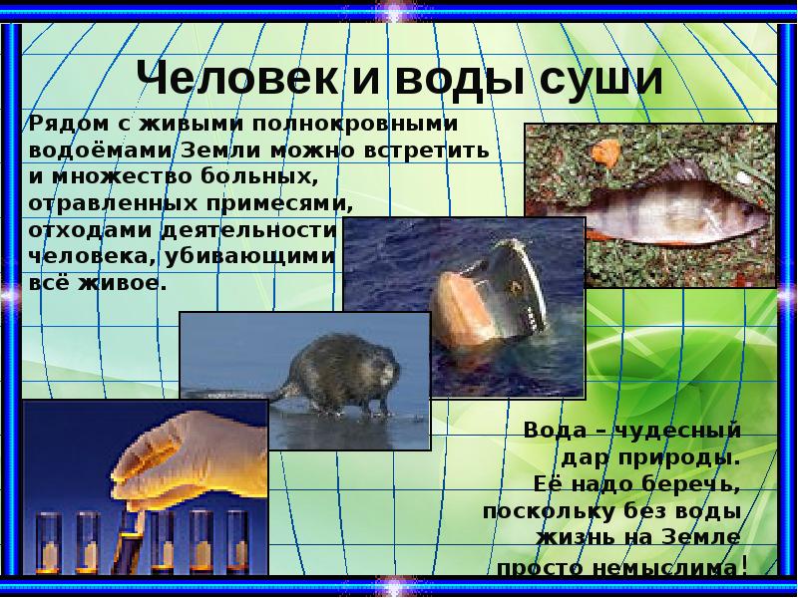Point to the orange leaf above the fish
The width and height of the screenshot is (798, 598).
602,152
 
